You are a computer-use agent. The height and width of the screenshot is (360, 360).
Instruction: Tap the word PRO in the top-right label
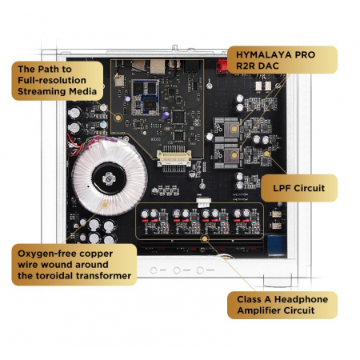tap(302, 54)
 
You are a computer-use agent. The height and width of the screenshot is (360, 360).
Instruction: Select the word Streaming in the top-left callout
tap(39, 93)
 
